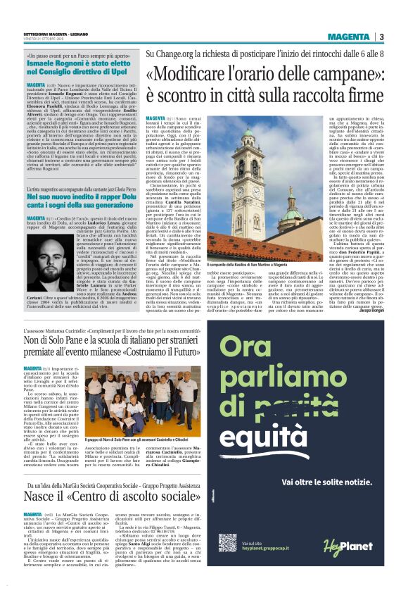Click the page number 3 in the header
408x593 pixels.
(381, 37)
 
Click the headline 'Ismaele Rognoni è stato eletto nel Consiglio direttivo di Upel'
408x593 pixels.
(73, 68)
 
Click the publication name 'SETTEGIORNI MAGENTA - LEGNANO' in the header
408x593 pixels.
(53, 33)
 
